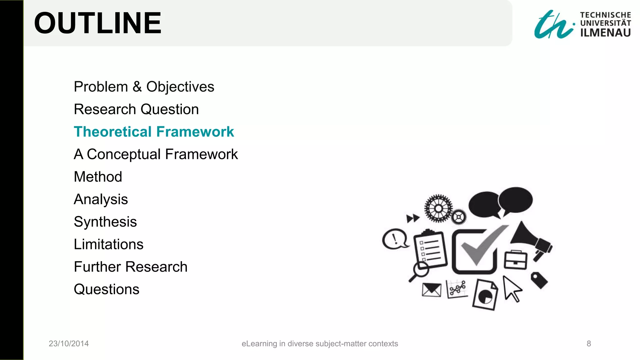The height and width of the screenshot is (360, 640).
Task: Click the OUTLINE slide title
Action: coord(97,23)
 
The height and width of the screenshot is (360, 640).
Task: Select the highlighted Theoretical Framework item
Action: coord(154,132)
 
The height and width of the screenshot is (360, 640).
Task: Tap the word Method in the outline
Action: coord(98,177)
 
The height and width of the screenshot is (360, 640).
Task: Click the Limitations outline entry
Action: coord(108,244)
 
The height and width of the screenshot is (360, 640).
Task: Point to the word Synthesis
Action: coord(105,222)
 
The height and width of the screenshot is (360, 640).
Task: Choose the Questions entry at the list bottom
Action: coord(107,289)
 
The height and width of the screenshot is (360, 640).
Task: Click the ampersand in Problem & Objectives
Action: coord(137,87)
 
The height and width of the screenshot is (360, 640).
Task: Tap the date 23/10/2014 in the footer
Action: coord(69,344)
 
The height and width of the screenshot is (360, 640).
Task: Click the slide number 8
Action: coord(589,344)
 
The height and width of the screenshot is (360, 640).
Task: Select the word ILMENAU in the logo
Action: coord(605,33)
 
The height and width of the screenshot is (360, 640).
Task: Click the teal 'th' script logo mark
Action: coord(553,25)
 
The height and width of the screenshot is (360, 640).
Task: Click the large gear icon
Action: coord(438,208)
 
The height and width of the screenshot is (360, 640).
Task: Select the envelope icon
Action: coord(432,290)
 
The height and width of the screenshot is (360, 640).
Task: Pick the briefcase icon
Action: coord(515,260)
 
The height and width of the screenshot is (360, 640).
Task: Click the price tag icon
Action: coord(539,280)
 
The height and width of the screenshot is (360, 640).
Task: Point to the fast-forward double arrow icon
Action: coord(412,218)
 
